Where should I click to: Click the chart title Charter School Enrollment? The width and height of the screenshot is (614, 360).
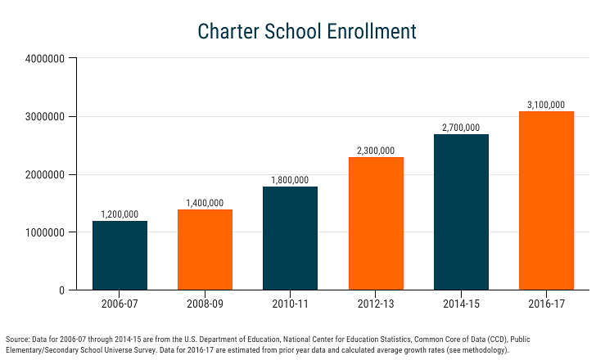point(307,31)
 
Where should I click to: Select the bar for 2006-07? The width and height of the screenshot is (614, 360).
point(120,255)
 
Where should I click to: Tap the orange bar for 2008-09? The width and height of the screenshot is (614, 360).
point(205,250)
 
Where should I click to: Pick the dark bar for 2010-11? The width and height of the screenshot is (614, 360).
point(290,238)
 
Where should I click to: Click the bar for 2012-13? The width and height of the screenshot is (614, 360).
point(376,223)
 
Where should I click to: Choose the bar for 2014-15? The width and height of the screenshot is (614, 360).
point(461,212)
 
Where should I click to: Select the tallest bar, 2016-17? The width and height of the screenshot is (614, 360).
point(546,200)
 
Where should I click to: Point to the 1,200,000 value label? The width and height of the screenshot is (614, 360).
point(120,214)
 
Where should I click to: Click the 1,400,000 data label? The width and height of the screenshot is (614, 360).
point(205,203)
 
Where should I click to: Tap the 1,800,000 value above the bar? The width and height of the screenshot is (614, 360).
point(290,180)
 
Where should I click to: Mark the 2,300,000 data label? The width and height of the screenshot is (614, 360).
point(376,151)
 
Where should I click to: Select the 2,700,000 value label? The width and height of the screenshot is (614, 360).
point(461,128)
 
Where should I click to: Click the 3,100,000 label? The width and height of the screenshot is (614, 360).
point(546,105)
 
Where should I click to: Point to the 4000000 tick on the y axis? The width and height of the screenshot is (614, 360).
point(45,59)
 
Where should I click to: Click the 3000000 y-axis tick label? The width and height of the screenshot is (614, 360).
point(45,117)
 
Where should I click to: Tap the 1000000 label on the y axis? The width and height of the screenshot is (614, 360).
point(45,232)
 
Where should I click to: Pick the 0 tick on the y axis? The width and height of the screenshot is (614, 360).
point(62,290)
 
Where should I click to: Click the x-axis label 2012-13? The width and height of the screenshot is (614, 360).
point(376,304)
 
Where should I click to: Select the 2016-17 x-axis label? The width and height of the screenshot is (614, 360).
point(546,304)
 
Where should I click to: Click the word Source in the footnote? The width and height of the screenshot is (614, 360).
point(18,340)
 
